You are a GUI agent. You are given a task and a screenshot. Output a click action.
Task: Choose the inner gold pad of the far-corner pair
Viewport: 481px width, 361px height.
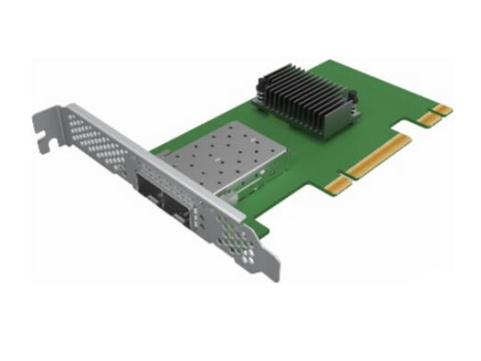(x=429, y=119)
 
